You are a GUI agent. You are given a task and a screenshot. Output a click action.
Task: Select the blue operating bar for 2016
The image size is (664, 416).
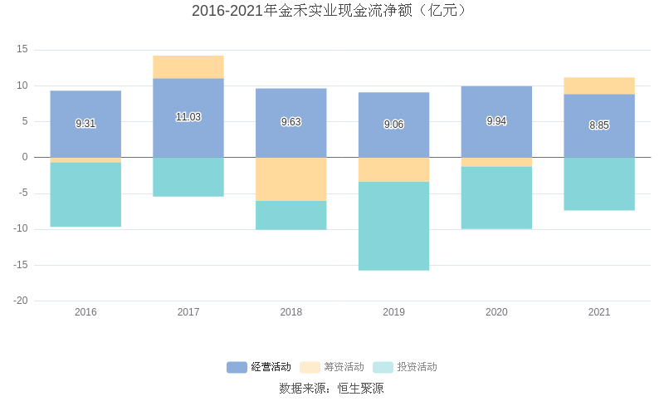tap(85, 108)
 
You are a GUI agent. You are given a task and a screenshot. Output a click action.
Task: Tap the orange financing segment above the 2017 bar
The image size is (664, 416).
tap(188, 66)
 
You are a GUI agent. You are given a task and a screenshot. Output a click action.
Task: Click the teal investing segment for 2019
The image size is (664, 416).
tap(393, 226)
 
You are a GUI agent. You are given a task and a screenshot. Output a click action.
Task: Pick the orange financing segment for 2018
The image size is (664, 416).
tap(290, 179)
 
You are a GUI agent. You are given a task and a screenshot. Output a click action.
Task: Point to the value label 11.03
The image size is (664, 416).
tap(188, 117)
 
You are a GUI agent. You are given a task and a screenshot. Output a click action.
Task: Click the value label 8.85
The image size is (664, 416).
tap(599, 125)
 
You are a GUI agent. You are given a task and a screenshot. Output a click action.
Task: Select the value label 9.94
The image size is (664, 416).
tap(496, 121)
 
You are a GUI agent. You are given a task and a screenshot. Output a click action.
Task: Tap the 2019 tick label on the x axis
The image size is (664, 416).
tap(393, 312)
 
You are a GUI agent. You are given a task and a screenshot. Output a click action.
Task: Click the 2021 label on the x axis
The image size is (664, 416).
tap(599, 312)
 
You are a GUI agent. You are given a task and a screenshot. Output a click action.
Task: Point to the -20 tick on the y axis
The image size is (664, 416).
tap(21, 301)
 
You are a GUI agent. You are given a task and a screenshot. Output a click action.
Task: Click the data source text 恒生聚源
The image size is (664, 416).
tap(360, 388)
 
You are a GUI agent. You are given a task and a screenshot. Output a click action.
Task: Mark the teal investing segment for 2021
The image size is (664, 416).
tap(599, 184)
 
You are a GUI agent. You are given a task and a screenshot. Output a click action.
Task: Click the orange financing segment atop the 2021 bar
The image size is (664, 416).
tap(599, 86)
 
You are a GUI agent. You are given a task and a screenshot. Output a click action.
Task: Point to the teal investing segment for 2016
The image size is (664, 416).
tap(85, 194)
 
